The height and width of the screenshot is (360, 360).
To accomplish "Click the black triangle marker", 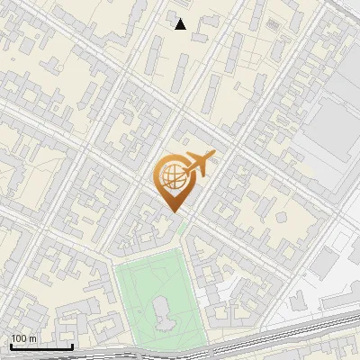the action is click(180, 24).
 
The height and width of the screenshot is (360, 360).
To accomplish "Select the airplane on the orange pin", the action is click(197, 163).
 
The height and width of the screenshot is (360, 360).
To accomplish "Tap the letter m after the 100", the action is click(32, 338).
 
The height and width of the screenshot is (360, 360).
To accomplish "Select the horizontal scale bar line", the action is click(42, 346).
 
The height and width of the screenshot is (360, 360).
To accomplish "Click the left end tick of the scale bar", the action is click(12, 346).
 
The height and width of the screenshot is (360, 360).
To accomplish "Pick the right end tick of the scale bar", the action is click(73, 346).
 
